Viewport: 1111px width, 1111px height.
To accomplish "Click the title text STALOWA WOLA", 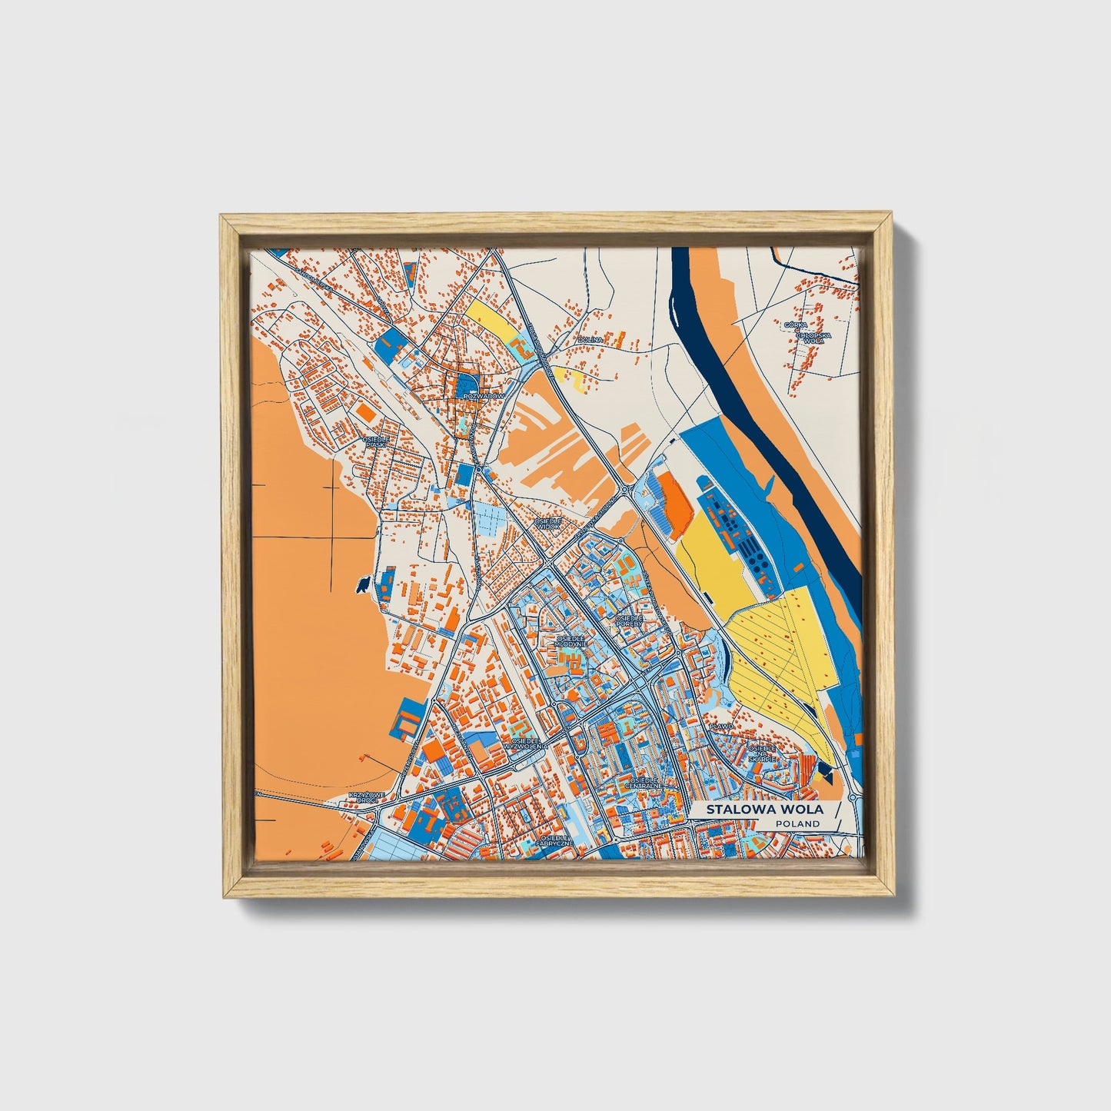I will coord(764,809).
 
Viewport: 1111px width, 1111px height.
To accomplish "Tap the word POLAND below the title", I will coord(797,823).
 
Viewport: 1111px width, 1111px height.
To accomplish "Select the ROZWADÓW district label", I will coord(485,396).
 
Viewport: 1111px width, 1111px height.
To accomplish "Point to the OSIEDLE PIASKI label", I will coord(377,441).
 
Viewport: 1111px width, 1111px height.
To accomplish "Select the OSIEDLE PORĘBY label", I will coord(629,620).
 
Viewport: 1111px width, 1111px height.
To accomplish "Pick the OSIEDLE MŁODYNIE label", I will coord(571,640).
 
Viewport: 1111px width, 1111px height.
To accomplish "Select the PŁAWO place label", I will coord(722,725).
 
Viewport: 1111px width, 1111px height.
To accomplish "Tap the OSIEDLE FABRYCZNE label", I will coord(553,840).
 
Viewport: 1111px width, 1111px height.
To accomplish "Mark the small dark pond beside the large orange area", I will coord(360,586).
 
